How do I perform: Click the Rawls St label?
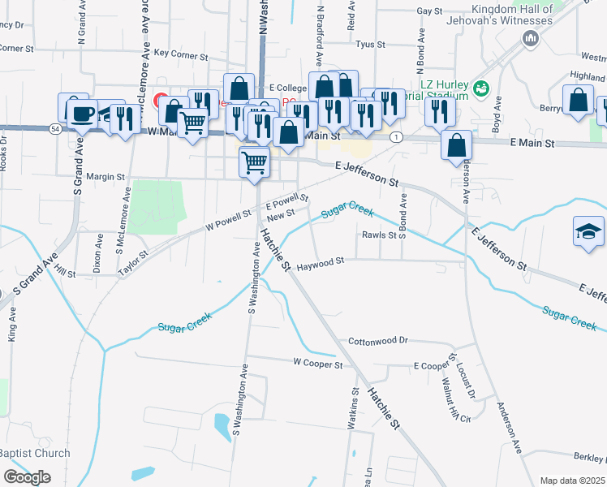(377, 235)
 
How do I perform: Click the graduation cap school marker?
(588, 231)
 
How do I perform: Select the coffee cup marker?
(80, 113)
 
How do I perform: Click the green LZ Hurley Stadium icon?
(482, 88)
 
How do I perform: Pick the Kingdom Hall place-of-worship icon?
(532, 38)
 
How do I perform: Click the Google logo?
(27, 477)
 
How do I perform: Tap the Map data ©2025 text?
(571, 481)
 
